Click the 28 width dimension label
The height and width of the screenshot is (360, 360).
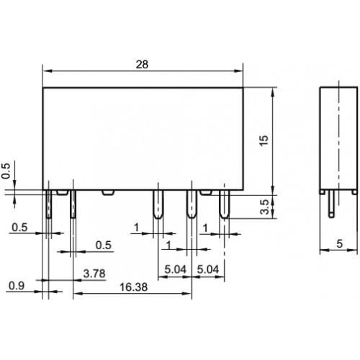click(x=142, y=64)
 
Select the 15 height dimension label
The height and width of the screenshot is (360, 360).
click(x=264, y=140)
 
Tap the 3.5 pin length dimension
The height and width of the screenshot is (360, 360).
click(x=265, y=207)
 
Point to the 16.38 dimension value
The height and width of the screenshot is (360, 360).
click(x=133, y=287)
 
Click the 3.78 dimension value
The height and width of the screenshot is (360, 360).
click(x=94, y=274)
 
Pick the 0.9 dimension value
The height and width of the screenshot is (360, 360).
click(x=17, y=286)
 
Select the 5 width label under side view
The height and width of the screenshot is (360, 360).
click(x=339, y=243)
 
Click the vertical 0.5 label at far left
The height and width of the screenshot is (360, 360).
click(x=6, y=171)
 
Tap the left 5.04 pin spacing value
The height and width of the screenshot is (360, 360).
click(x=175, y=269)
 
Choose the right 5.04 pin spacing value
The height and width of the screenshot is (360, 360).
click(x=208, y=269)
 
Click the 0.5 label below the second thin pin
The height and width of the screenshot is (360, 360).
click(x=104, y=245)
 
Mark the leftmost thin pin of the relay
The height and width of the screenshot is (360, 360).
click(x=49, y=204)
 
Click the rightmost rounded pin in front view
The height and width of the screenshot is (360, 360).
click(x=225, y=204)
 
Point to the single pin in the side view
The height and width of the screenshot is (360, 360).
click(x=331, y=204)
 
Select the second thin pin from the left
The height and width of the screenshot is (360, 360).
click(x=73, y=204)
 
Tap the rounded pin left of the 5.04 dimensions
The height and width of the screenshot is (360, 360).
click(x=158, y=204)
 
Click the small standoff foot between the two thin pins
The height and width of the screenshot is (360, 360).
click(x=63, y=192)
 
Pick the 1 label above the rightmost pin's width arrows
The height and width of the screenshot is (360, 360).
click(x=205, y=228)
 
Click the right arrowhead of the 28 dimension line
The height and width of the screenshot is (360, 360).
click(x=238, y=71)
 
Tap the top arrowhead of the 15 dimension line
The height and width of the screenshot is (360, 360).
click(x=272, y=92)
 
